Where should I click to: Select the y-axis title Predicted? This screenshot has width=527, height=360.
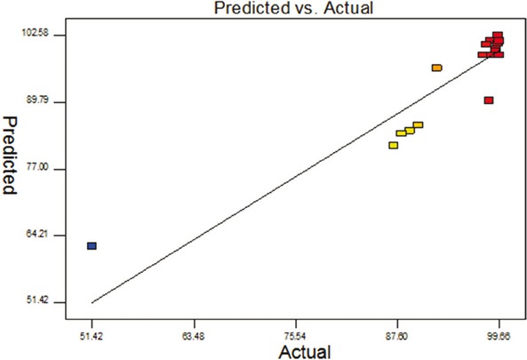pyautogui.click(x=12, y=155)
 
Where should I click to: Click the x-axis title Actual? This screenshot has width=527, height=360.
pyautogui.click(x=305, y=350)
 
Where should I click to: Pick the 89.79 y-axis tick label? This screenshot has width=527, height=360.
pyautogui.click(x=46, y=102)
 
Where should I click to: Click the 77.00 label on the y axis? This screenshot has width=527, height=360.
pyautogui.click(x=46, y=169)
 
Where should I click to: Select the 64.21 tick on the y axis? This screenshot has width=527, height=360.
pyautogui.click(x=46, y=236)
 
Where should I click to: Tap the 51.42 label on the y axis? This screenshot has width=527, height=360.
pyautogui.click(x=46, y=302)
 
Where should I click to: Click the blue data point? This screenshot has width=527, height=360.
pyautogui.click(x=92, y=245)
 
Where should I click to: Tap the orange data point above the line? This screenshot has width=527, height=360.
pyautogui.click(x=436, y=68)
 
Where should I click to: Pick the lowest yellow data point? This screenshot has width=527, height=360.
pyautogui.click(x=393, y=145)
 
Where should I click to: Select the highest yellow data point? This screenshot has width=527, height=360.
pyautogui.click(x=418, y=125)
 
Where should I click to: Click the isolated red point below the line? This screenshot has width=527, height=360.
pyautogui.click(x=489, y=100)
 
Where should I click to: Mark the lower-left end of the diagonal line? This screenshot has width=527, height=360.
pyautogui.click(x=92, y=302)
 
